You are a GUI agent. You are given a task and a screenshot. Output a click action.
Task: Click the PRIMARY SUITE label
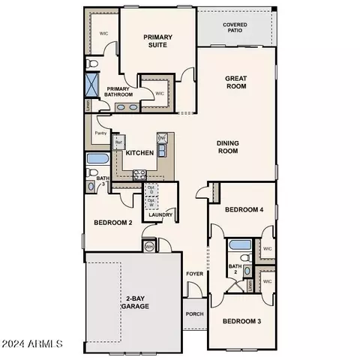pos(158,41)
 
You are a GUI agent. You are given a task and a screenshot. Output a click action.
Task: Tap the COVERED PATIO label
pos(235,28)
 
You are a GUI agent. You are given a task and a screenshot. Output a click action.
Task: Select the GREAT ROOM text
pos(236,82)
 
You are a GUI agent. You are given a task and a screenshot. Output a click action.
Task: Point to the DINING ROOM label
pos(227,147)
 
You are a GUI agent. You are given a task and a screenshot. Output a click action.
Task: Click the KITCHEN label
pos(139,153)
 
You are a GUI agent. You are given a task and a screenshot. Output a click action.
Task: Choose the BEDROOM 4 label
pos(244,209)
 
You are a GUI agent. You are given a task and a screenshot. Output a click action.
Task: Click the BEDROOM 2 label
pos(112,223)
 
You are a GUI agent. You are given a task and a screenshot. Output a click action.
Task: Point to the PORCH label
pos(195,314)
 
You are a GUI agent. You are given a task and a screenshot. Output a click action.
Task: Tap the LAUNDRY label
pos(161,215)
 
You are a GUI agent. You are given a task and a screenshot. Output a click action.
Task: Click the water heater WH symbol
pos(148,247)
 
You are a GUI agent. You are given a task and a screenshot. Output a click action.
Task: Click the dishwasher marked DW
pos(161,139)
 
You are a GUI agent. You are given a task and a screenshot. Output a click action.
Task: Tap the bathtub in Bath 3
pos(97,159)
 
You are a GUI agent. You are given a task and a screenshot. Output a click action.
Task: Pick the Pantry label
pos(100,133)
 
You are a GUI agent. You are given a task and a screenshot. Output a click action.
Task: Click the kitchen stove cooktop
pos(139,174)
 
